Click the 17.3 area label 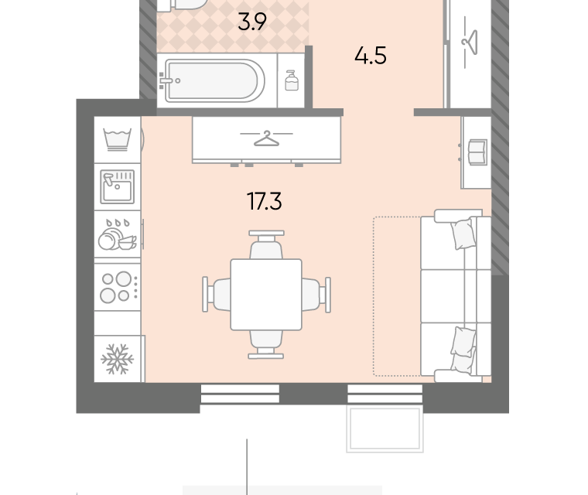[265, 201]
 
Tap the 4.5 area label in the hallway [371, 56]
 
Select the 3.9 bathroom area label [252, 22]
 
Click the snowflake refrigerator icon [118, 359]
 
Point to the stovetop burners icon [118, 287]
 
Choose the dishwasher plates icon [118, 234]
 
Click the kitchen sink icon [118, 186]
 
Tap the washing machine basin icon [118, 140]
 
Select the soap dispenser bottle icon [292, 80]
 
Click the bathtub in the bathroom [212, 80]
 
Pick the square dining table [266, 295]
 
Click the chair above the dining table [266, 245]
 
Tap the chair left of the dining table [217, 295]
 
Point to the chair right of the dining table [316, 295]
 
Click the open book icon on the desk [478, 152]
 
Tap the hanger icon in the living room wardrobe [267, 138]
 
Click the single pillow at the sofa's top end [464, 234]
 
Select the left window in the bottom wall [240, 394]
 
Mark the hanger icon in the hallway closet [470, 42]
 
